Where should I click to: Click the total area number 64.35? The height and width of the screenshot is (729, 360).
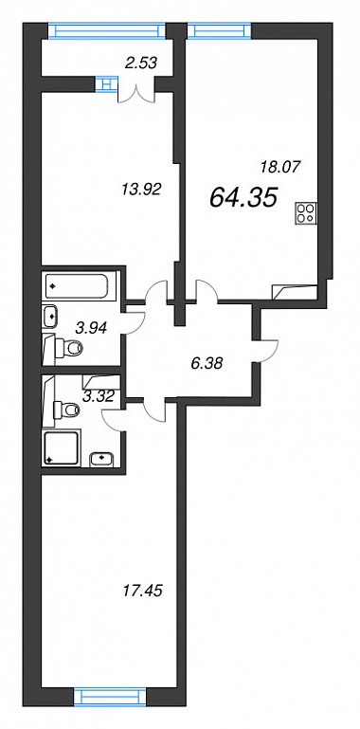click(243, 196)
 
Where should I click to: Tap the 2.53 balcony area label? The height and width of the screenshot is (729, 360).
click(140, 62)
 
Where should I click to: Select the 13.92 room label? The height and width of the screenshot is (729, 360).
click(140, 190)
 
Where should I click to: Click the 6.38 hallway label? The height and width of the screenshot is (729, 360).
click(207, 362)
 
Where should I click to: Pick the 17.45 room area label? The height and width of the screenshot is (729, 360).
click(143, 591)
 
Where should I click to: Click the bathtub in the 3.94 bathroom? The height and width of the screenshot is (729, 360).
click(77, 285)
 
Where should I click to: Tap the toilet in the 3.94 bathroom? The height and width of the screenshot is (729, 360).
click(66, 346)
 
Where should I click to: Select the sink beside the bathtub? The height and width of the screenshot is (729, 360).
click(50, 316)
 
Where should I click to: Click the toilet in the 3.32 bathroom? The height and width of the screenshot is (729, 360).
click(65, 410)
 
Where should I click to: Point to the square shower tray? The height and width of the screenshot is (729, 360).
click(62, 447)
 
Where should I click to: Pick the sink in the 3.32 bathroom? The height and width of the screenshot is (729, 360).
click(101, 459)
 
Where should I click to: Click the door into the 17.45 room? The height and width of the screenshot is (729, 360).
click(154, 410)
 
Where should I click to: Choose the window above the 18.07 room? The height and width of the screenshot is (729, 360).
click(219, 30)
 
